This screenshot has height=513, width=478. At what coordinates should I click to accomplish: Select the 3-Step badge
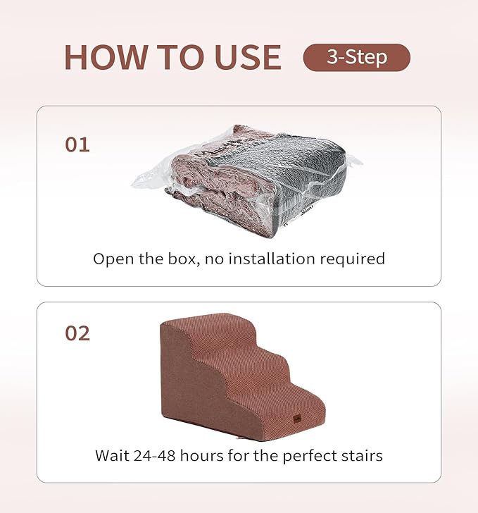tap(356, 57)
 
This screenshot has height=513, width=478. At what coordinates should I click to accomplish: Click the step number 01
tap(77, 145)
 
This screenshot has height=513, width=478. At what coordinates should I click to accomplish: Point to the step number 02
tap(77, 333)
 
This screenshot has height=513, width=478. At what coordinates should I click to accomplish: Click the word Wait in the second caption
tap(113, 455)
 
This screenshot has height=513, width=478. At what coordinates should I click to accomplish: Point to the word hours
tap(209, 455)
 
